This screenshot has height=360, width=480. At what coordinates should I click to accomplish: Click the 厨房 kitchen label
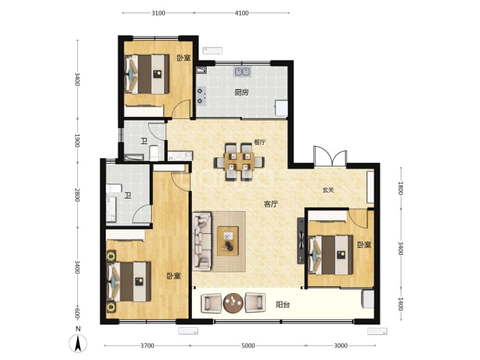pos(241,92)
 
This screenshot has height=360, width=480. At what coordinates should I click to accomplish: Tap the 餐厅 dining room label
pos(259,142)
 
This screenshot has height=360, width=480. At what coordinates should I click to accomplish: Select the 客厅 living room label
pos(271,204)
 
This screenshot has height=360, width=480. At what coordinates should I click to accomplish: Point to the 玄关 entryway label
pos(328,190)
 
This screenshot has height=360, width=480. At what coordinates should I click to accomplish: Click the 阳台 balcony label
pos(282,304)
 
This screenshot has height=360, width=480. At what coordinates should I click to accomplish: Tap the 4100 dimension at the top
pos(241,13)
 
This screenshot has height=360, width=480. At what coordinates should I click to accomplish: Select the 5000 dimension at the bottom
pos(248,345)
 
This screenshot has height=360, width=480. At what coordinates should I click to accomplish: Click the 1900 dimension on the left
pos(77,141)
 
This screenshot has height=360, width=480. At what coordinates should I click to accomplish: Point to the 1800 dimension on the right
pos(401,188)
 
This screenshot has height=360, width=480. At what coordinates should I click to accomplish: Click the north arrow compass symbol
pos(78,343)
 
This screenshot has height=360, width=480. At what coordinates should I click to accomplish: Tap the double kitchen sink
pos(243,72)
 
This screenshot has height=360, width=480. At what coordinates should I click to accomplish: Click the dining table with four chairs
pos(239,162)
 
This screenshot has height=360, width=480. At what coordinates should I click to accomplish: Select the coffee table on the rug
pos(227,241)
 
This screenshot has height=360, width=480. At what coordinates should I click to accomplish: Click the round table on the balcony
pos(233,303)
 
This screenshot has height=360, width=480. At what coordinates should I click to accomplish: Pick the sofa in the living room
pos(202,242)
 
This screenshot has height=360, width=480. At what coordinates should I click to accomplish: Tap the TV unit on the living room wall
pos(301,241)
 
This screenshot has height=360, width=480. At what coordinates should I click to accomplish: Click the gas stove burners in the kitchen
pos(200,95)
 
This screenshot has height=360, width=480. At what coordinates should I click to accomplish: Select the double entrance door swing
pos(330,157)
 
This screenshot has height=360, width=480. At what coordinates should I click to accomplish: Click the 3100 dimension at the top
pos(159,13)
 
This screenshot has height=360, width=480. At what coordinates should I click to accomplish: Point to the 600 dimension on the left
pos(77,313)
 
